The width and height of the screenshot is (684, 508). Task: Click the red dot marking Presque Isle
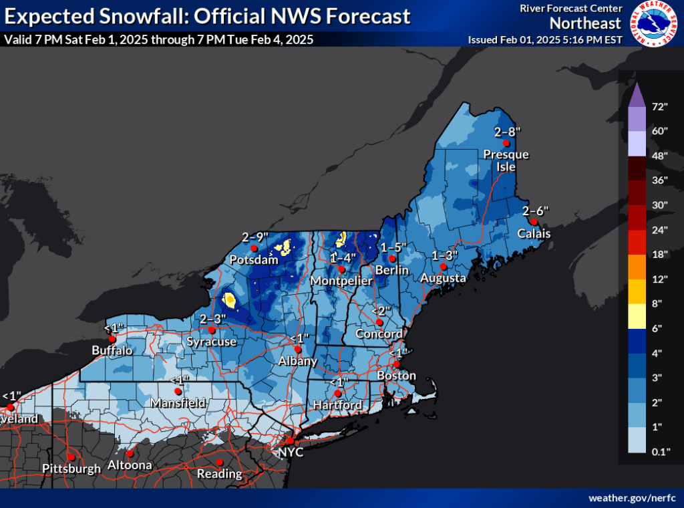click(506, 143)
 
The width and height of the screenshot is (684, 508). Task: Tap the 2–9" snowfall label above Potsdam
click(254, 237)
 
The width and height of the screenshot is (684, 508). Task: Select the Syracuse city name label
click(211, 342)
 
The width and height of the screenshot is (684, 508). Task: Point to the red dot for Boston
click(396, 364)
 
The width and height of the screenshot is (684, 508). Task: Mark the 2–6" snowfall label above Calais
click(536, 210)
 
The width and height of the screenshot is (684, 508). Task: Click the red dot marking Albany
click(299, 349)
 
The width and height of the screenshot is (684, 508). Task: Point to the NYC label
click(291, 453)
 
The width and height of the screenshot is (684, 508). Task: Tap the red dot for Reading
click(220, 463)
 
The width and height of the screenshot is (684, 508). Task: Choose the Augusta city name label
click(443, 277)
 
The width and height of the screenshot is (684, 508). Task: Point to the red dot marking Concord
click(379, 322)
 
